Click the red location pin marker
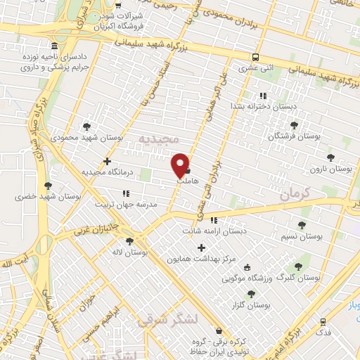click(x=181, y=165)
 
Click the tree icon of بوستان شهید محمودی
click(x=86, y=127)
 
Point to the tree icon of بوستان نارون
click(x=330, y=157)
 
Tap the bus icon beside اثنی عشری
click(x=255, y=58)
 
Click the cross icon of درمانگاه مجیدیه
click(x=107, y=161)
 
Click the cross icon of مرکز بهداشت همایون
click(x=202, y=247)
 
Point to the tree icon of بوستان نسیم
click(x=302, y=226)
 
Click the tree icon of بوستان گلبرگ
click(x=298, y=266)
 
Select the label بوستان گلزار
click(x=250, y=305)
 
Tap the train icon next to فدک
click(x=323, y=321)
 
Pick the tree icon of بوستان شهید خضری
click(x=48, y=186)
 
